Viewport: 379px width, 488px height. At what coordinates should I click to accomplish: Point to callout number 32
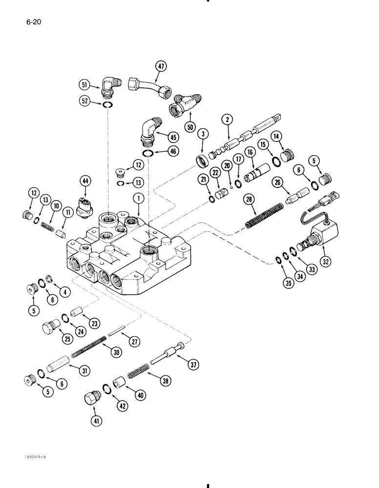(x=326, y=262)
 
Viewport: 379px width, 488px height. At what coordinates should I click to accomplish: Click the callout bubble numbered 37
(x=195, y=364)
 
